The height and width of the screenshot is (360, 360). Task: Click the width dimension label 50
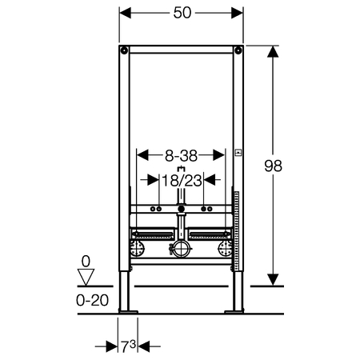182,13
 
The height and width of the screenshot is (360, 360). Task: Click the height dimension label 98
273,166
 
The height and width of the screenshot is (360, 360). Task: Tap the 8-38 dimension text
181,155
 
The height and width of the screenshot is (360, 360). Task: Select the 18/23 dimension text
182,181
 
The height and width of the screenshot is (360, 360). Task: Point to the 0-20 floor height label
92,300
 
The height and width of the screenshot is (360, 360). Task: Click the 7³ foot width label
129,346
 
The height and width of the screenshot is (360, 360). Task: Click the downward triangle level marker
86,278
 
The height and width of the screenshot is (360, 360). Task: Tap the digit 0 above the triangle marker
86,262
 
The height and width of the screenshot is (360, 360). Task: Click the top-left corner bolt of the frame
124,50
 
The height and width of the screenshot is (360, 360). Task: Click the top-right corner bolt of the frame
238,50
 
